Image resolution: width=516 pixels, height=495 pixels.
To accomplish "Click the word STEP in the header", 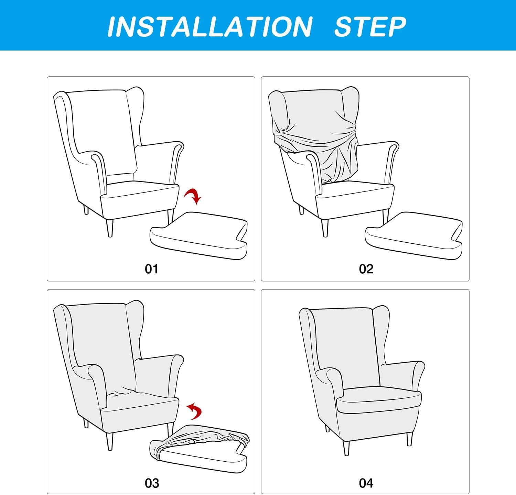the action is [x=370, y=27].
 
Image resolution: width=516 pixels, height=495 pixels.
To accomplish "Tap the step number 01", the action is [x=151, y=269].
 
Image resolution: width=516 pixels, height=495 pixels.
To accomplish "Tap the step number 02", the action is [x=366, y=269].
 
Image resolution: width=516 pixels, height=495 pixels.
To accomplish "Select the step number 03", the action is [x=152, y=483].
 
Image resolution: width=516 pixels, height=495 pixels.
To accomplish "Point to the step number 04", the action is [x=366, y=483].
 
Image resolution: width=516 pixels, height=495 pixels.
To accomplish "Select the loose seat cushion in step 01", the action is [x=199, y=235].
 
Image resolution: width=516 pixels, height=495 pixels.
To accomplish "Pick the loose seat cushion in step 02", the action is [x=414, y=235].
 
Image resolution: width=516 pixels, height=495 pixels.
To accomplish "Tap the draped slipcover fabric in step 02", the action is [x=315, y=137].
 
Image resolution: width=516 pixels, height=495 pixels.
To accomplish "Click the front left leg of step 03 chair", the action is [x=110, y=441].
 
